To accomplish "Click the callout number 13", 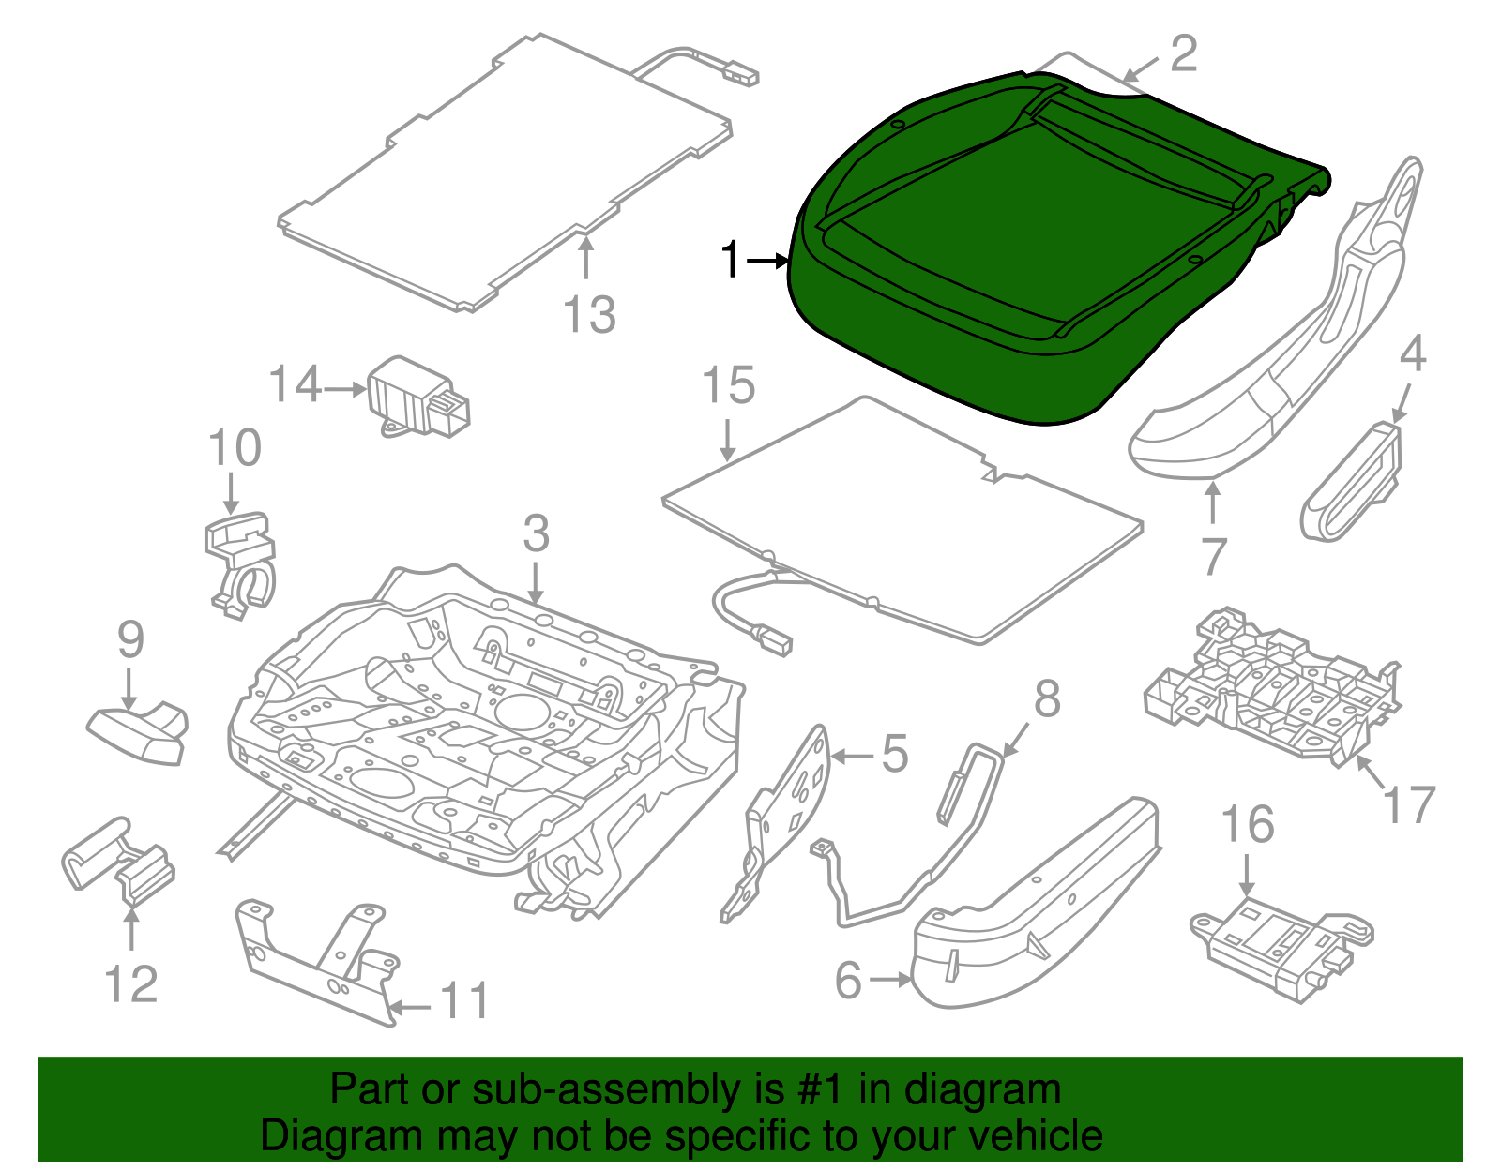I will pos(589,315).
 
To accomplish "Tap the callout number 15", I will pos(729,386).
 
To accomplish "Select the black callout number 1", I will pos(731,261).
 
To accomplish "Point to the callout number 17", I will pos(1410,804).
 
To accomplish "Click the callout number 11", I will pos(464,1001).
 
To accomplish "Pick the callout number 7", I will pos(1213,557).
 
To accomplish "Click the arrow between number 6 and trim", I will pos(889,980).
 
